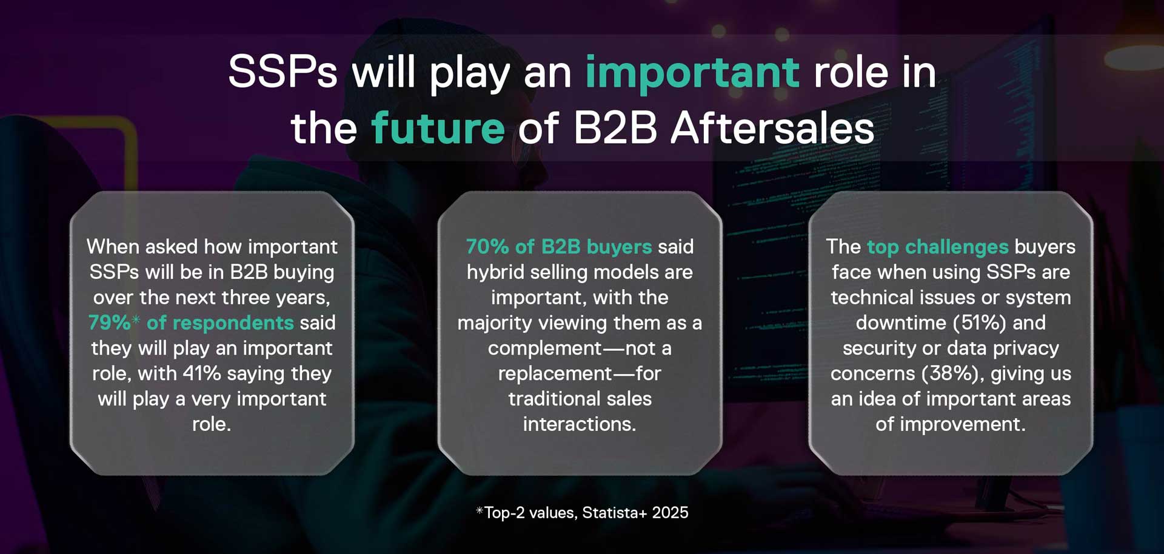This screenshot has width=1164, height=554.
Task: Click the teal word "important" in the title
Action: tap(692, 73)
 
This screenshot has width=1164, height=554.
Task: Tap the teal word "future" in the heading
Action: tap(438, 128)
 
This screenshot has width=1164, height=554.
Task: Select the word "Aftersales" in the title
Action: tap(772, 128)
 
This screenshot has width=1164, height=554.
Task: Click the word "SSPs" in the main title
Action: tap(283, 72)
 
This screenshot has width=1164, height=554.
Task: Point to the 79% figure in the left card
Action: tap(109, 322)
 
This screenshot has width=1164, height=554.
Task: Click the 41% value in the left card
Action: tap(202, 373)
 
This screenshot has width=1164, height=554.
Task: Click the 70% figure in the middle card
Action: tap(487, 247)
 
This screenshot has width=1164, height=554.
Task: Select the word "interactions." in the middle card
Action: tap(580, 424)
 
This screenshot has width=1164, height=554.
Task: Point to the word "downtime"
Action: tap(901, 323)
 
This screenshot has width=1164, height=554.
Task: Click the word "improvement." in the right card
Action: tap(963, 425)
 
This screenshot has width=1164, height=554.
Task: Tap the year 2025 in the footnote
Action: tap(671, 513)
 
